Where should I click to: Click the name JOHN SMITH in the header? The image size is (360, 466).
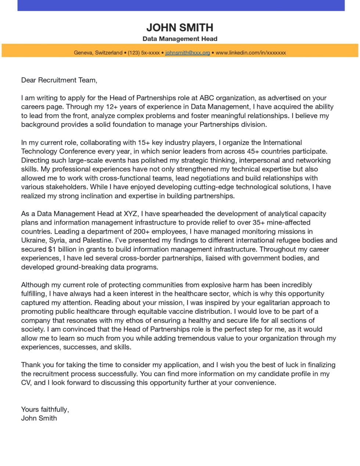180,28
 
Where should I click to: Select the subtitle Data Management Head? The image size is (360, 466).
180,39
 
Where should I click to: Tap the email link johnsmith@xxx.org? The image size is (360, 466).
187,53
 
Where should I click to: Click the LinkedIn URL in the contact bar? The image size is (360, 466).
251,53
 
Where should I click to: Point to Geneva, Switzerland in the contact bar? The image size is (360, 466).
98,53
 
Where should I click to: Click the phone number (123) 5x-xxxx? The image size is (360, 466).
144,53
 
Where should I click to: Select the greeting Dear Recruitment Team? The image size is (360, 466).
59,80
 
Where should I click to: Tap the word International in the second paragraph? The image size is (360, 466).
282,143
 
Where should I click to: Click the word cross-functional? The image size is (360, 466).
136,178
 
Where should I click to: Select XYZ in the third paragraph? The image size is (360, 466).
131,214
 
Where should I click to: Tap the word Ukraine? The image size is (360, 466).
33,240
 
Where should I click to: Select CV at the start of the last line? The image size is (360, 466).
26,383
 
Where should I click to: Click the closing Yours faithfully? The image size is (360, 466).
45,409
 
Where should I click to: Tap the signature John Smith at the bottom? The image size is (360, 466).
39,418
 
